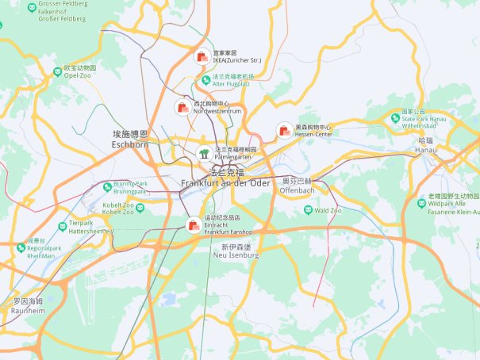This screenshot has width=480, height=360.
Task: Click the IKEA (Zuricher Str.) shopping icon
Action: pos(200,56)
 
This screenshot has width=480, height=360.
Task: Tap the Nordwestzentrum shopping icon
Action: pos(182,107)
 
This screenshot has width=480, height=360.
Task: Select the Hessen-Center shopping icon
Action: pos(283,130)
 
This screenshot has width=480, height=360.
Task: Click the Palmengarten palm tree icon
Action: pos(203,153)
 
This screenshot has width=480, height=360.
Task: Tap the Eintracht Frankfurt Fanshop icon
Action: pos(193,225)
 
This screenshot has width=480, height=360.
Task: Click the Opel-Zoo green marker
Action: pos(57,71)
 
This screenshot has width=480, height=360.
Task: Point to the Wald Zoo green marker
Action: pos(308,210)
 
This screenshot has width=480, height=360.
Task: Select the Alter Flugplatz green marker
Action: pos(205,79)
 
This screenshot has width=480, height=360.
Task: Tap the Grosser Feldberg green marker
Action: pos(31,9)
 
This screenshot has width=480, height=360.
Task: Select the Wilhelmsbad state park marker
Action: pos(395,118)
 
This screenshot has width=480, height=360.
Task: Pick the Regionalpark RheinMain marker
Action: pos(21,248)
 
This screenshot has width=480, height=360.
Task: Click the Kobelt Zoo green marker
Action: pos(140,208)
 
